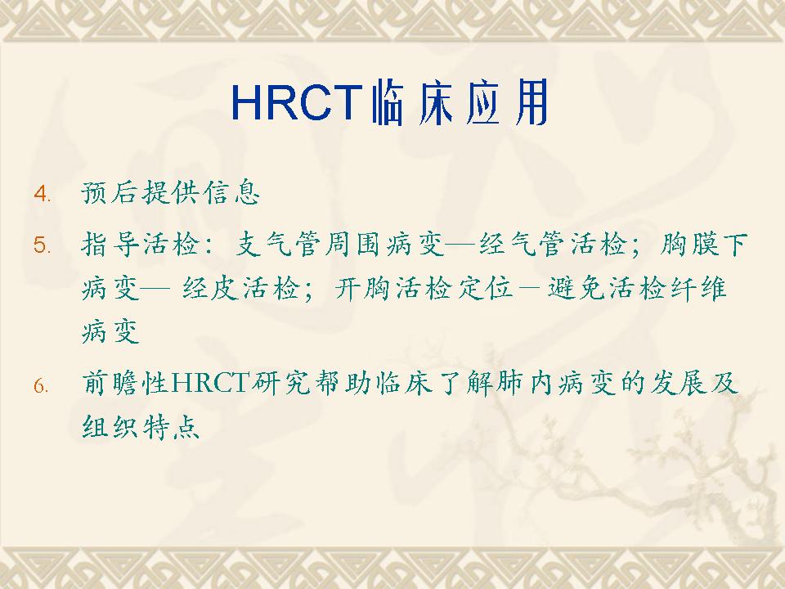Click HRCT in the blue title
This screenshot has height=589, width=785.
coord(297,103)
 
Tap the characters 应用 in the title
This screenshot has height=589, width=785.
coord(506,103)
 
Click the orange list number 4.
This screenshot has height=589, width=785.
coord(42,193)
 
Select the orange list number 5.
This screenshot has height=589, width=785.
coord(42,245)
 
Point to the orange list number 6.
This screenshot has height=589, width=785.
coord(42,385)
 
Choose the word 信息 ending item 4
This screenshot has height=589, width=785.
coord(231,192)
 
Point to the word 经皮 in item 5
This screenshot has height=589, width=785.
coord(211,288)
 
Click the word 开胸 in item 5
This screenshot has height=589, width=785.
coord(363,288)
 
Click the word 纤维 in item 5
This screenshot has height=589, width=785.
coord(698,288)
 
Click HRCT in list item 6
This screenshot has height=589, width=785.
coord(210,383)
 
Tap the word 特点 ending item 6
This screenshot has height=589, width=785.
coord(170,427)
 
